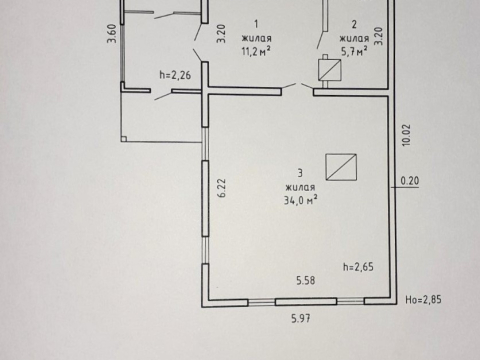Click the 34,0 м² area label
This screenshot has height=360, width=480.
[x=300, y=200]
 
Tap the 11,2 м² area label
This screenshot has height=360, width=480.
[x=256, y=51]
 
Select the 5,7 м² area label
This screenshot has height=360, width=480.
[x=354, y=51]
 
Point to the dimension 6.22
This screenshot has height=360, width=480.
[x=222, y=188]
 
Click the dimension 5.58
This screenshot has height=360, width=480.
[x=306, y=280]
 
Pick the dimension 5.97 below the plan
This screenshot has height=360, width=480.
[x=301, y=318]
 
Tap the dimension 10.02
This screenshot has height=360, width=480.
[x=406, y=135]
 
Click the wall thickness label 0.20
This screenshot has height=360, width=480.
[x=410, y=181]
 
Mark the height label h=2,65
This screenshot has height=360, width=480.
[x=358, y=267]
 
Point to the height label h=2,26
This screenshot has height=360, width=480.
[x=175, y=75]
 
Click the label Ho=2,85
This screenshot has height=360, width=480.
[x=423, y=299]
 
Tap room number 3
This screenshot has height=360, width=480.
[x=300, y=173]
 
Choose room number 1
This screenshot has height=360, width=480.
[x=256, y=24]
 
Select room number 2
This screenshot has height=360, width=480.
[x=354, y=24]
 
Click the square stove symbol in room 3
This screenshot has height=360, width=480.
[x=341, y=167]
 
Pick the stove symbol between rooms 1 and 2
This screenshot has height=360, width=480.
[x=330, y=70]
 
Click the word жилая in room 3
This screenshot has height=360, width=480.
[x=300, y=187]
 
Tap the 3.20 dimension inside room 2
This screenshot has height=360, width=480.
[x=379, y=36]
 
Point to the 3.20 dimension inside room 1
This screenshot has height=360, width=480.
[x=221, y=33]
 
